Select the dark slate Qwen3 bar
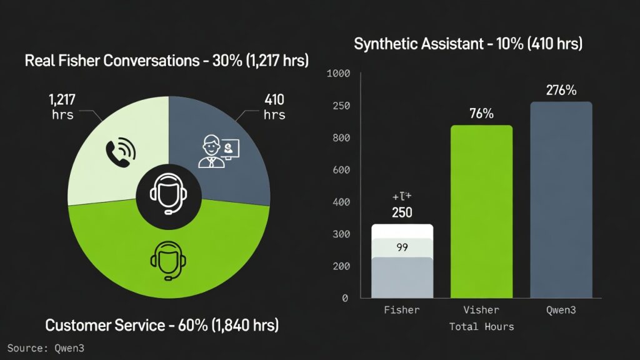[561, 200]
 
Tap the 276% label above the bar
[561, 90]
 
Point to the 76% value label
[481, 114]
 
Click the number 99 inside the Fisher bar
[402, 247]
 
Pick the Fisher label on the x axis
[402, 310]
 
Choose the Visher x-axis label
[481, 310]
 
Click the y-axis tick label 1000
[338, 74]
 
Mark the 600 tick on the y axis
[341, 170]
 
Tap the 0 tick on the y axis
[344, 298]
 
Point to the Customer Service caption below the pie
[162, 325]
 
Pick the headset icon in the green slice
[166, 259]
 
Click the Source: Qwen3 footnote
[46, 348]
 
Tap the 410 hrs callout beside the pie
[274, 106]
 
